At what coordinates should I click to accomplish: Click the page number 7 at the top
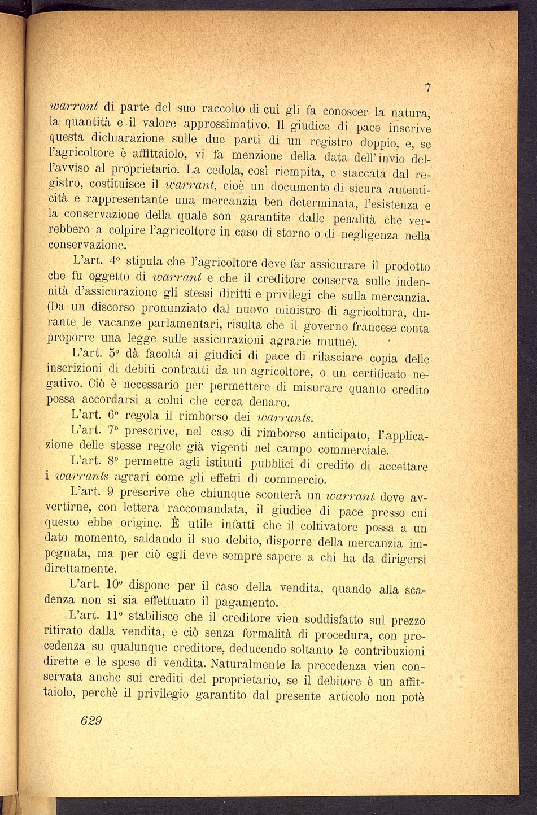[429, 88]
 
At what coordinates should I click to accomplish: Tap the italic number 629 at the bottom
[91, 721]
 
